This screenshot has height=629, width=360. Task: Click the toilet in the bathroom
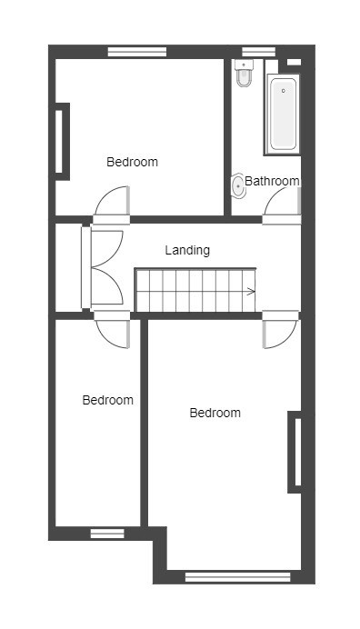click(x=244, y=73)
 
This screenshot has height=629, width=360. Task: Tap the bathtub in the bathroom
click(x=283, y=114)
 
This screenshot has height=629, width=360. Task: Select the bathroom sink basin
click(x=238, y=185)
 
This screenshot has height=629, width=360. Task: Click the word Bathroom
click(x=272, y=181)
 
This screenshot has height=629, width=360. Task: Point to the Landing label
click(x=187, y=250)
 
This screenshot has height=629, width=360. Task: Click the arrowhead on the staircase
click(x=252, y=292)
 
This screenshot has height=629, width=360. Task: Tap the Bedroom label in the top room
click(x=132, y=162)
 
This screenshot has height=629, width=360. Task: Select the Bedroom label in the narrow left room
click(x=107, y=400)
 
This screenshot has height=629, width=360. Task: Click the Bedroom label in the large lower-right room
click(x=215, y=413)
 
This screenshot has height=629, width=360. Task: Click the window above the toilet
click(x=259, y=52)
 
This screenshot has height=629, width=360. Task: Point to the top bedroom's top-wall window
click(x=137, y=52)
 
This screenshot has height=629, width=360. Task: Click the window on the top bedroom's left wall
click(x=59, y=142)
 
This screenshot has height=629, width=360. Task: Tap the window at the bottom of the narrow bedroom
click(x=107, y=534)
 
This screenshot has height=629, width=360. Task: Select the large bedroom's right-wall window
click(x=297, y=452)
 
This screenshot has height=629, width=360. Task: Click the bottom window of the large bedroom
click(x=237, y=577)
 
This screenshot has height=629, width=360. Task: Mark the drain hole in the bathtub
click(x=284, y=91)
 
